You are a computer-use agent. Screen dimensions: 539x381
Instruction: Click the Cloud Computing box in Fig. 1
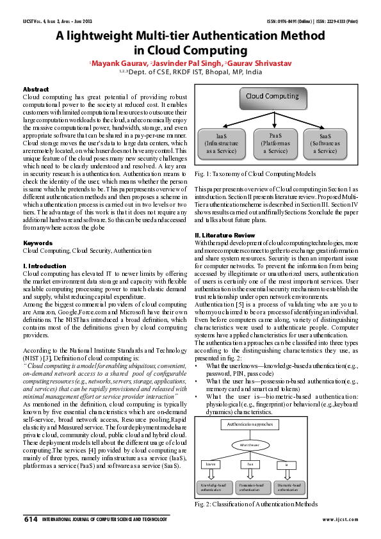pos(273,97)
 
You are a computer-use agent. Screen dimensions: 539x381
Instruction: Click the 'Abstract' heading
pos(36,89)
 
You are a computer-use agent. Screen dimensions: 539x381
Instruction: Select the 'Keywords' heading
pos(37,243)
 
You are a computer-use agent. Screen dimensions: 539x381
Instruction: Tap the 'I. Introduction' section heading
pos(44,266)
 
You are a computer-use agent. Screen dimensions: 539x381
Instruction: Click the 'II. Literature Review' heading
pos(225,236)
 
